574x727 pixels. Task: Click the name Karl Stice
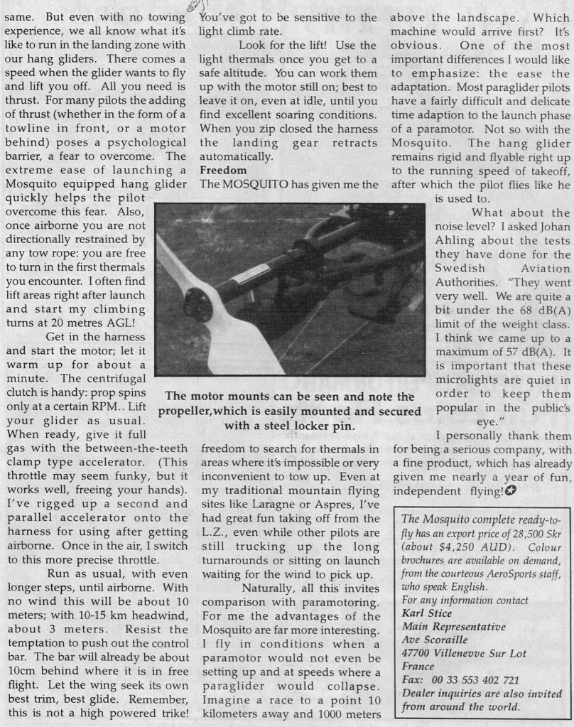coord(428,613)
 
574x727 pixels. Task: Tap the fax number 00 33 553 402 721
coord(475,681)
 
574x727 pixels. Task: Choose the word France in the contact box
coord(418,667)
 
